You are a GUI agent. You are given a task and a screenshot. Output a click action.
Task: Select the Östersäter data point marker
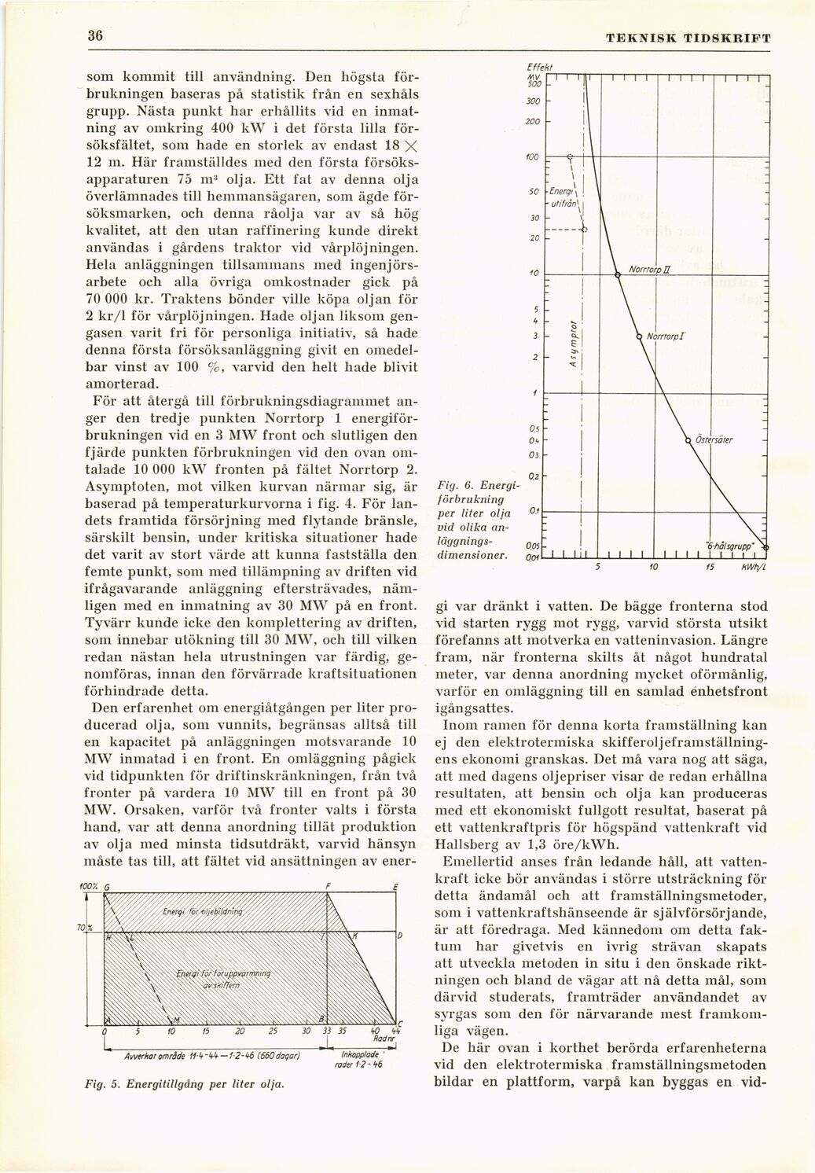[x=688, y=439]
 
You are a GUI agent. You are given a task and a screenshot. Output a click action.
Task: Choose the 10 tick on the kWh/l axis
[x=654, y=567]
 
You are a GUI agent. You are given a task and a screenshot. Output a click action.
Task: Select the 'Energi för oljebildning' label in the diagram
[x=201, y=912]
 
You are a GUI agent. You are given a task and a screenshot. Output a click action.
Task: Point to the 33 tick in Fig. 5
[x=324, y=1031]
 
